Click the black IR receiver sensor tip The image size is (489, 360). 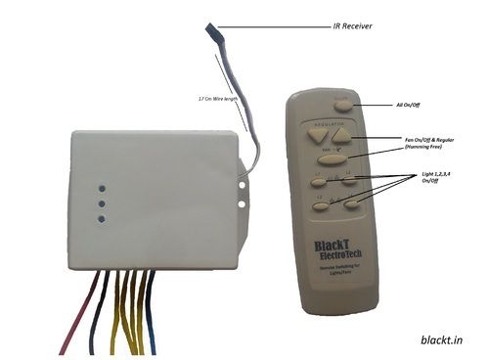click(x=212, y=33)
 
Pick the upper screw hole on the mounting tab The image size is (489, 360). click(x=242, y=180)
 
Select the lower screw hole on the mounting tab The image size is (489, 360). click(x=242, y=206)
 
